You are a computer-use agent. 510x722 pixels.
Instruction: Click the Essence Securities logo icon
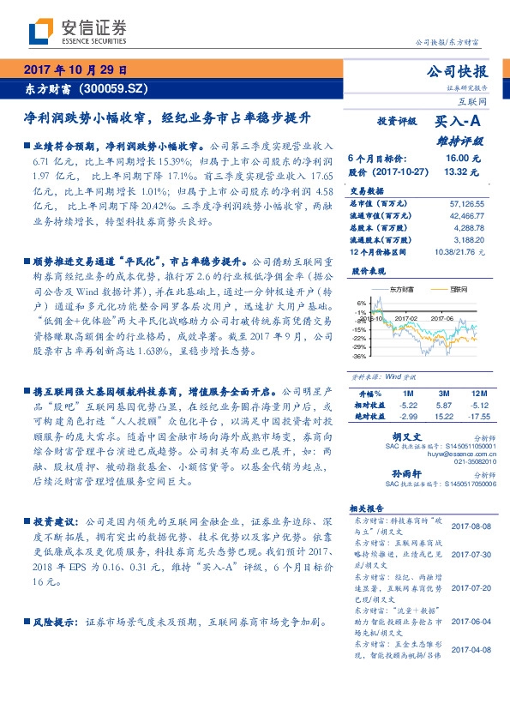(x=40, y=32)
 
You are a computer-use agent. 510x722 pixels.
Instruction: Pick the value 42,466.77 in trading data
(x=466, y=216)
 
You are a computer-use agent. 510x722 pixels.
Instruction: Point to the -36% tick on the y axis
(x=359, y=357)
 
